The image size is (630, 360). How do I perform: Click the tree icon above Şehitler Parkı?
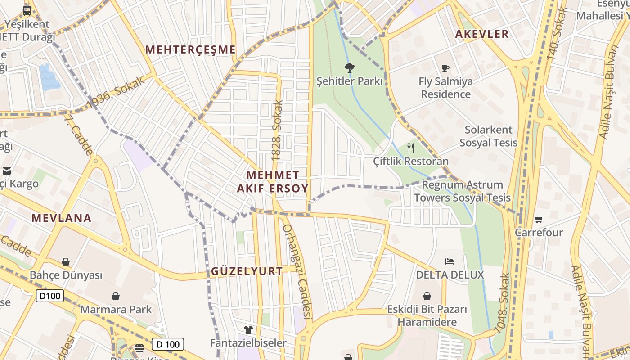tap(349, 68)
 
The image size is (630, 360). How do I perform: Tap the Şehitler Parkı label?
tap(349, 81)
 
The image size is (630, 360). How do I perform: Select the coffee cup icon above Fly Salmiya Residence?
tap(445, 68)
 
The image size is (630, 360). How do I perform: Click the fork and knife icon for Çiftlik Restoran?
tap(410, 148)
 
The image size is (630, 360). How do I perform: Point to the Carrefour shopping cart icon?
tap(539, 219)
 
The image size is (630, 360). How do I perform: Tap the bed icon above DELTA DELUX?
tap(450, 261)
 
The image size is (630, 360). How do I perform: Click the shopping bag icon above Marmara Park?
tap(116, 296)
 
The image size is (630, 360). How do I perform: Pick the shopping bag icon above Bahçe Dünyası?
tap(66, 261)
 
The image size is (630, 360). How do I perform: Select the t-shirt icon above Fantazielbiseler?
tap(248, 330)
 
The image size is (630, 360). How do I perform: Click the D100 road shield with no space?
tap(50, 296)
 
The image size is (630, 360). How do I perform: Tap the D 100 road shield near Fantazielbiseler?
tap(168, 345)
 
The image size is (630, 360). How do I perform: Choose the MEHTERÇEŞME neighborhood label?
tap(191, 49)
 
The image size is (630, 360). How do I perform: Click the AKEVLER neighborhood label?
tap(482, 34)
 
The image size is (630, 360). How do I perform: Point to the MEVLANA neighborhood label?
tap(61, 218)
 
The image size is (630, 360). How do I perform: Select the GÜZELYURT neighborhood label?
tap(247, 271)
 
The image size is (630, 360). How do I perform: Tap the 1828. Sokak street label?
tap(278, 130)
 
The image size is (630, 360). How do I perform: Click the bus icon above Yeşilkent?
tap(27, 10)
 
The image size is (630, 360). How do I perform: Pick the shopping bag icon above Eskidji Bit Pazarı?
tap(427, 296)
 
